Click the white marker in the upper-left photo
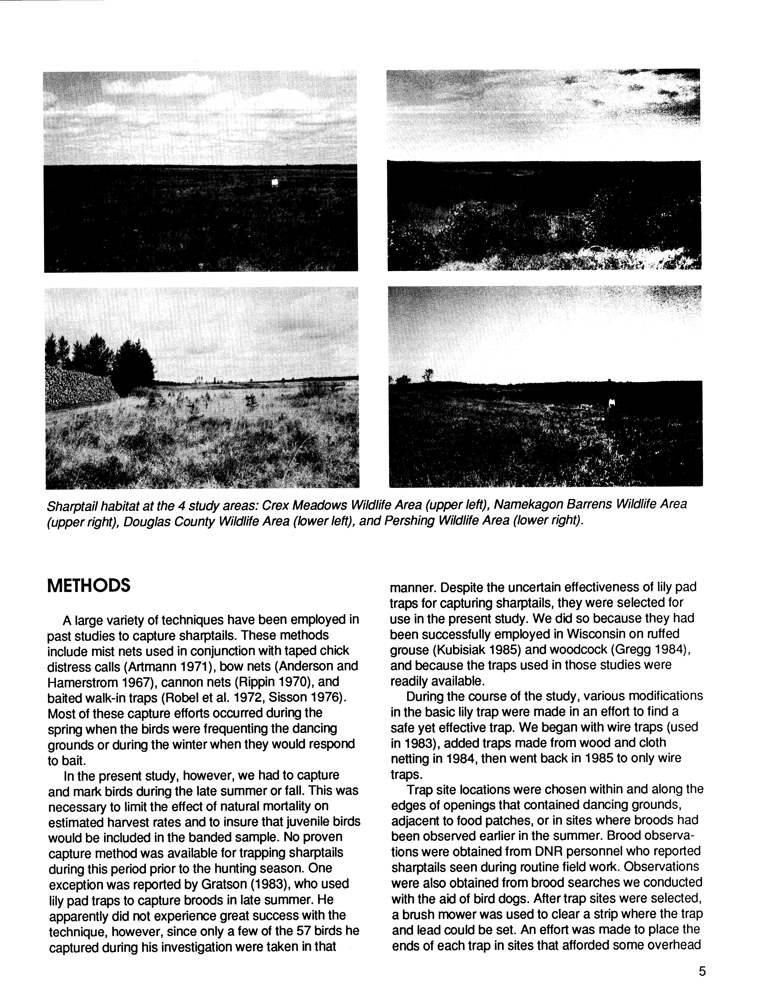tap(274, 183)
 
